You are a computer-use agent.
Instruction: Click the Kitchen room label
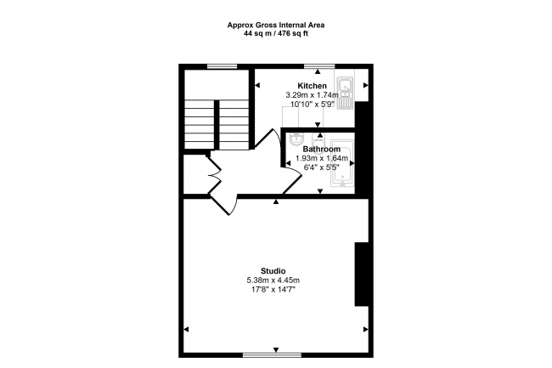tap(312, 86)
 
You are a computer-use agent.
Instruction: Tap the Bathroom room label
tap(321, 149)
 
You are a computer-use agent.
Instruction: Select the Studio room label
tap(273, 271)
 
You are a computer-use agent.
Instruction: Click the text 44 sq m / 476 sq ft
tap(276, 34)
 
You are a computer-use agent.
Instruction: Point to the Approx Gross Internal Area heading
tap(276, 25)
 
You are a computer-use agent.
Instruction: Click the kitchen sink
tap(346, 93)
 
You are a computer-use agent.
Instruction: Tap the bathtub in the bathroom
tap(342, 162)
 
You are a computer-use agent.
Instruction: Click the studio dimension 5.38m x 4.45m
tap(273, 280)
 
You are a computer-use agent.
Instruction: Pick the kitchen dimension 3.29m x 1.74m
tap(312, 95)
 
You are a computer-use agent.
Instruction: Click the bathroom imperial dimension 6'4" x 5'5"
tap(321, 167)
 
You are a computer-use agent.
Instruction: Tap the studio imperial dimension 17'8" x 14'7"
tap(273, 290)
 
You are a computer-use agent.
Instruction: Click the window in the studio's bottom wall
tap(272, 355)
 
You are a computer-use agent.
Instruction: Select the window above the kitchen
tap(319, 66)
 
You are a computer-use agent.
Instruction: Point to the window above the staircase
tap(222, 66)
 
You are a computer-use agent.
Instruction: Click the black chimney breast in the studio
tap(362, 274)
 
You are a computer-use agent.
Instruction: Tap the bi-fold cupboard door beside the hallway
tap(214, 175)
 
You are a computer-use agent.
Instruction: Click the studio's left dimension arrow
tap(186, 330)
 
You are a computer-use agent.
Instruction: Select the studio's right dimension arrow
tap(366, 330)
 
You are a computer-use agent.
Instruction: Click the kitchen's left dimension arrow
tap(257, 85)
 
